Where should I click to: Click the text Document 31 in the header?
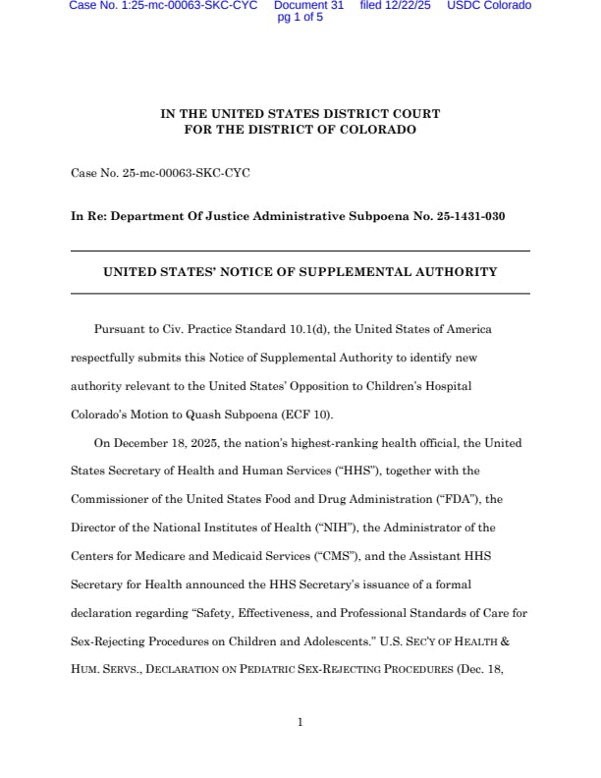pos(308,6)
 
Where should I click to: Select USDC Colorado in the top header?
pos(489,6)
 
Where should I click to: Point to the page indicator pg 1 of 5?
pos(300,18)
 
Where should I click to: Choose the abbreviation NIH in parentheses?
pos(280,528)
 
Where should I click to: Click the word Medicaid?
pos(218,556)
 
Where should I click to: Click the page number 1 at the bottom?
pos(300,723)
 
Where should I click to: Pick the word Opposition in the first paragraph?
pos(292,386)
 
